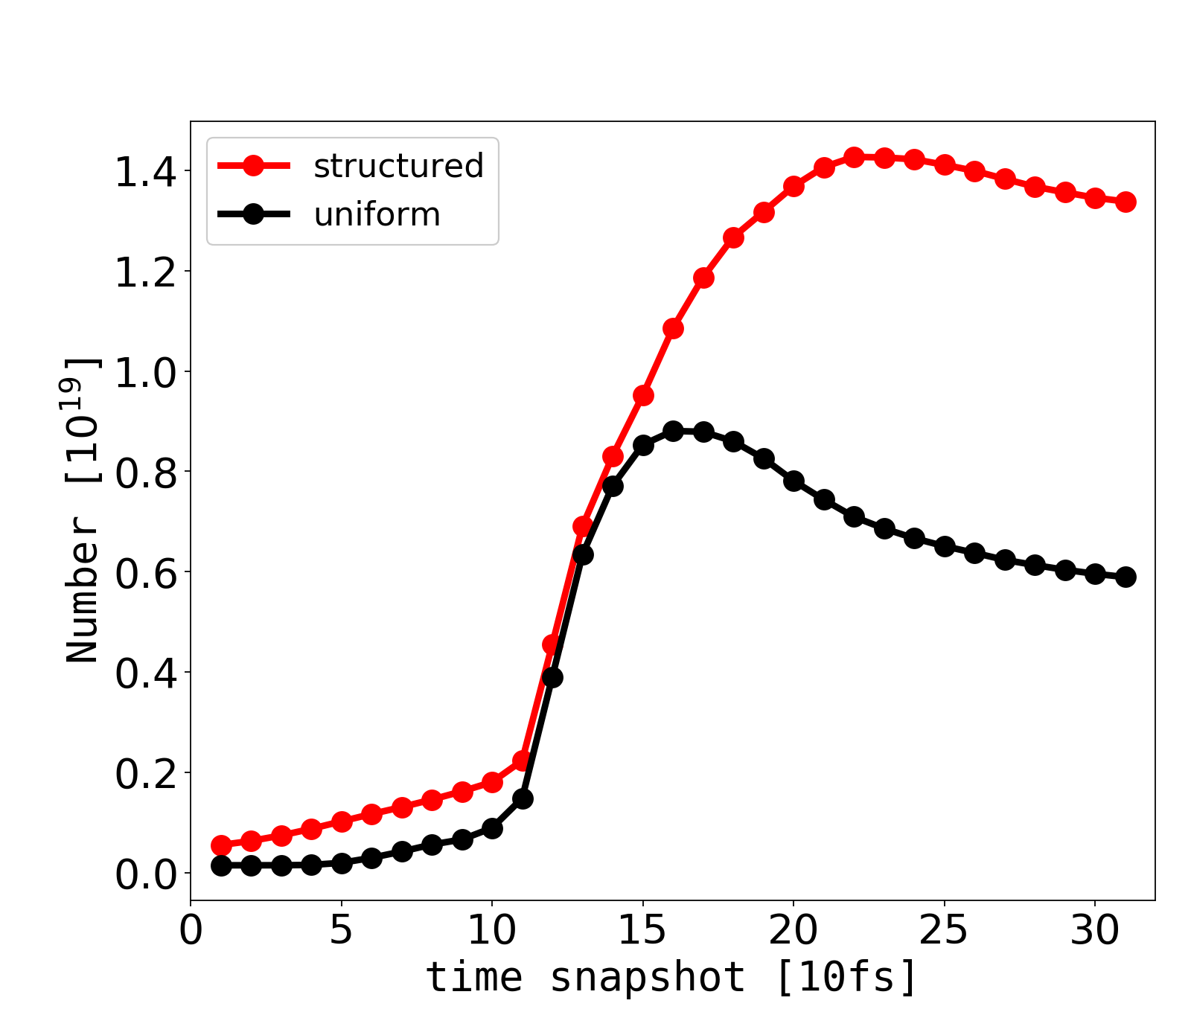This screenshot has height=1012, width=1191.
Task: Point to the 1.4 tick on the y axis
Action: coord(145,171)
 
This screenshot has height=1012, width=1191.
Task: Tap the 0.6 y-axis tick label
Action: coord(145,572)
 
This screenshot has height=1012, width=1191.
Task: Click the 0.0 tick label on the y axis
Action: coord(145,873)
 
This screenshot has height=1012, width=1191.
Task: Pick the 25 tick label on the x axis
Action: coord(944,931)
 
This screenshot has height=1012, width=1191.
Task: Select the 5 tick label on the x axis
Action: coord(341,931)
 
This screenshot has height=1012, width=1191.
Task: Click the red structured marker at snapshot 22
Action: coord(854,158)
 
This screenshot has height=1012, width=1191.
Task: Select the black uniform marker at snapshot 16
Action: coord(673,432)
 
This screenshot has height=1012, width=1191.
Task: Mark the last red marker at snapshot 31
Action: coord(1125,202)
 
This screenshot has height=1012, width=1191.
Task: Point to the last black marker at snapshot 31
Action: coord(1125,577)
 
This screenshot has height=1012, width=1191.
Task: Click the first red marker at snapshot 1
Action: coord(221,845)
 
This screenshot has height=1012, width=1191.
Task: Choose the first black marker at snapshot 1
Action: coord(221,865)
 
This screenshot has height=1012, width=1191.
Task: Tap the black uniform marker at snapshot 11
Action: coord(523,798)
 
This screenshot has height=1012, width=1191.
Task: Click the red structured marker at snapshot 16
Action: coord(673,328)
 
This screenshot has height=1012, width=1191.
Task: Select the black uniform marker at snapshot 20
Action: coord(794,481)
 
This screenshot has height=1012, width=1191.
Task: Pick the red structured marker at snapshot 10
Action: coord(492,782)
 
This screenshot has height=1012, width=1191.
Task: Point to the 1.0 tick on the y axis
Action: coord(145,371)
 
